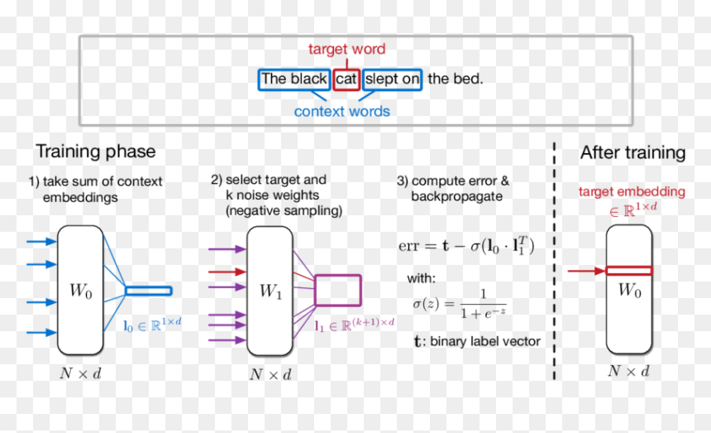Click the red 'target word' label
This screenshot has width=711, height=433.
(347, 49)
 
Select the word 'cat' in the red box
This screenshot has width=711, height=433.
(346, 79)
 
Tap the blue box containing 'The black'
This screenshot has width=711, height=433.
(293, 79)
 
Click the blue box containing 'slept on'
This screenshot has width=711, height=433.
(392, 79)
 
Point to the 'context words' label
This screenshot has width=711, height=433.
(342, 111)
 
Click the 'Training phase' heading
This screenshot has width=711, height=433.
(96, 152)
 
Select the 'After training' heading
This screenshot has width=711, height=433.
(633, 152)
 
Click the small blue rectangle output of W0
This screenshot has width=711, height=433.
(149, 291)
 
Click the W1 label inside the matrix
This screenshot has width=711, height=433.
(270, 291)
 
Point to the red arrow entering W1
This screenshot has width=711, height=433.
(227, 272)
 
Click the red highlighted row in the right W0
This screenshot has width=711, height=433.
(629, 271)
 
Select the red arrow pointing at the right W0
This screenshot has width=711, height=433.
(586, 271)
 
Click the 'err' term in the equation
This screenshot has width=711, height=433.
(408, 246)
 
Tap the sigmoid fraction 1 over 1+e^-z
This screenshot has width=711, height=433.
(484, 304)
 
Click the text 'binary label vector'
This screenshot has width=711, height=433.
(485, 341)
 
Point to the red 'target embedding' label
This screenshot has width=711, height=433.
(632, 191)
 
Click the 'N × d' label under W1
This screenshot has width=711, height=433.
(270, 374)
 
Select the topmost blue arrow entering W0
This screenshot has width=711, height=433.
(41, 242)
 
